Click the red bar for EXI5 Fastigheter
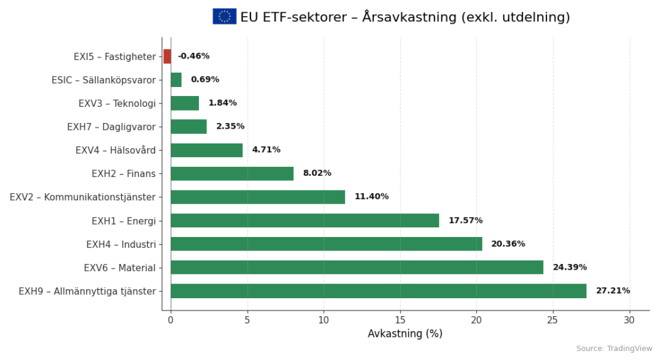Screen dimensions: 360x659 167,57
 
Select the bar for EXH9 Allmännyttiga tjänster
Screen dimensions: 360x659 378,291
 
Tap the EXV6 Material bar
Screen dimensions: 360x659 357,267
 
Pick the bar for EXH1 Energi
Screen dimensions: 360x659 304,221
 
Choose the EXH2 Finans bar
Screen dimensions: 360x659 232,174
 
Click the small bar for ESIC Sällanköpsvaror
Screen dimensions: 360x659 176,80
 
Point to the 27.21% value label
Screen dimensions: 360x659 613,291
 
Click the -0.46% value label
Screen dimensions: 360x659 194,57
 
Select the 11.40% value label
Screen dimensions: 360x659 371,197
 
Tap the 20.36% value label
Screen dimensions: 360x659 508,244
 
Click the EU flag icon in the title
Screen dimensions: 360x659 225,17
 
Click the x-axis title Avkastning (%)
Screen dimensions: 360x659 405,334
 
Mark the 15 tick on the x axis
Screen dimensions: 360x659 400,320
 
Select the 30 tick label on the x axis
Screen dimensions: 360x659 629,320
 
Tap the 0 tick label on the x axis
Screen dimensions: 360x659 171,320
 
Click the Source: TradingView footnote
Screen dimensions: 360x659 613,348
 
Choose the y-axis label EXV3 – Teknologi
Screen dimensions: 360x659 117,104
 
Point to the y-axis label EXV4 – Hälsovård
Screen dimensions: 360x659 116,150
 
